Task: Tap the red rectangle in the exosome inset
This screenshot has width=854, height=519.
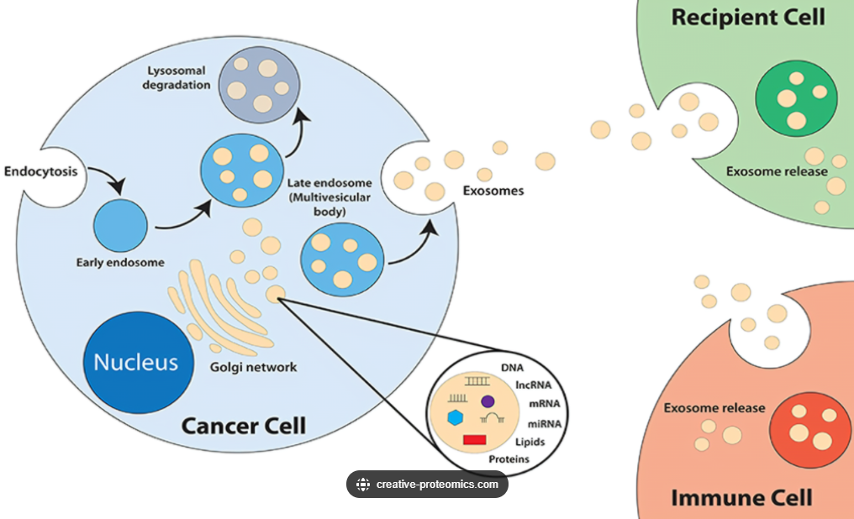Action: (x=472, y=438)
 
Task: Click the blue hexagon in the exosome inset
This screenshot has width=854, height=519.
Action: (x=456, y=417)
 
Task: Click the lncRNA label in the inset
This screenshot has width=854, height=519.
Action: (x=532, y=384)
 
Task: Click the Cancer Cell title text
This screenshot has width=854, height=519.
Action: (x=244, y=427)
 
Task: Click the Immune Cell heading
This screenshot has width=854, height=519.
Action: (x=741, y=497)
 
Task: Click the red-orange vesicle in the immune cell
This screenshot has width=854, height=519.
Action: (x=809, y=425)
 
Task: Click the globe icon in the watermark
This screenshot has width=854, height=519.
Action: (x=363, y=485)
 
